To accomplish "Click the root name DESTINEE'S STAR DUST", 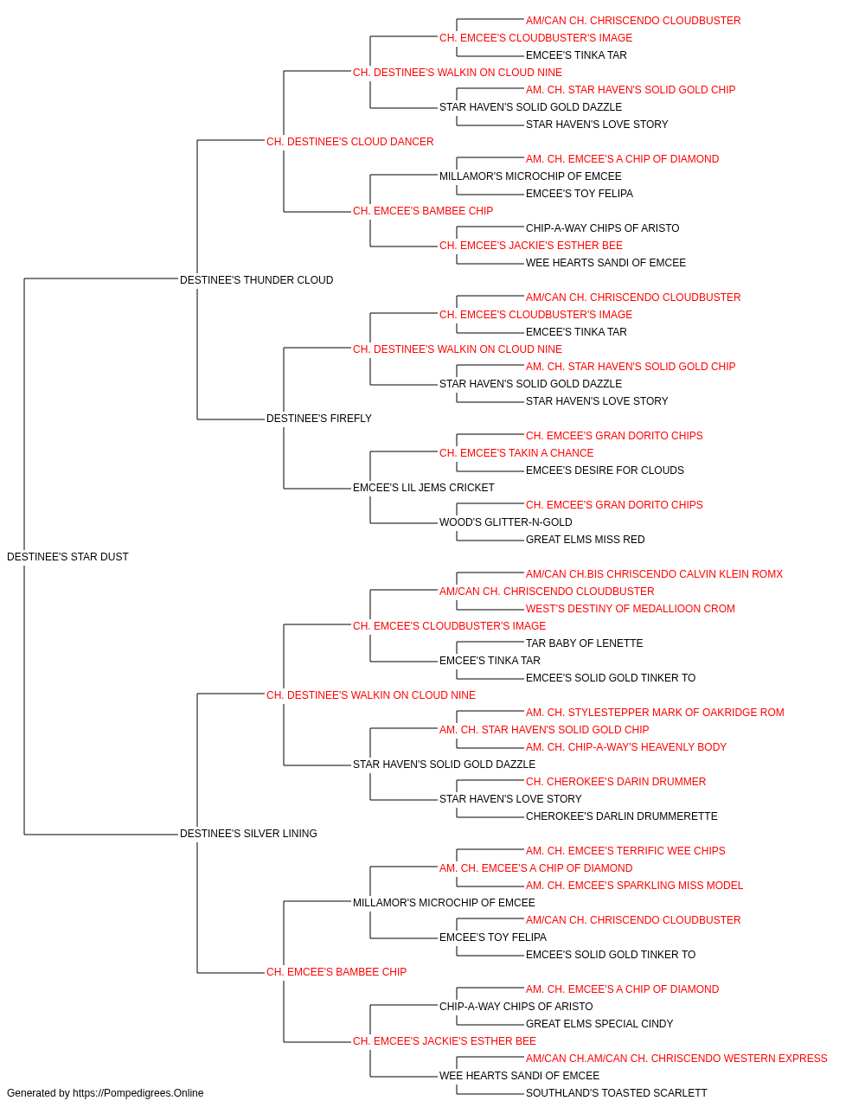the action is click(67, 557).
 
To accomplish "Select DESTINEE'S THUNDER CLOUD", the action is click(256, 280).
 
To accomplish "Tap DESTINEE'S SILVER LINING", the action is click(248, 834).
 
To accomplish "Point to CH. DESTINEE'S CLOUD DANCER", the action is click(350, 142).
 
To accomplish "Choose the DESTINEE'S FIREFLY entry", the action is click(319, 419).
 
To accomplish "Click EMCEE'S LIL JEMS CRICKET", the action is click(423, 488).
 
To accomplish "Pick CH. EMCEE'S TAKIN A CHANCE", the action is click(516, 453).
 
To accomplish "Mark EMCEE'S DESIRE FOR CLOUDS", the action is click(605, 470).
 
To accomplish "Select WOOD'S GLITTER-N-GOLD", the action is click(505, 522).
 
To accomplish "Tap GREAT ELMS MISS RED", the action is click(585, 540).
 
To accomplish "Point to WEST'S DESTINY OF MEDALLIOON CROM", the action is click(631, 609).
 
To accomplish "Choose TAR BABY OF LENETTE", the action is click(585, 643).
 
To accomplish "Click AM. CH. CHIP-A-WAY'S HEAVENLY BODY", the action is click(626, 747).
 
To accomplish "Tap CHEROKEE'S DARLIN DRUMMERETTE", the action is click(621, 816).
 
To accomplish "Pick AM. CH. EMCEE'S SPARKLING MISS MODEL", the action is click(634, 886).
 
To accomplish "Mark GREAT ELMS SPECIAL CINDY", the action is click(599, 1024).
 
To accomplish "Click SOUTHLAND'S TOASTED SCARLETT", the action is click(617, 1093).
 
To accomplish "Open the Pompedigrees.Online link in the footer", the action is click(138, 1093).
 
